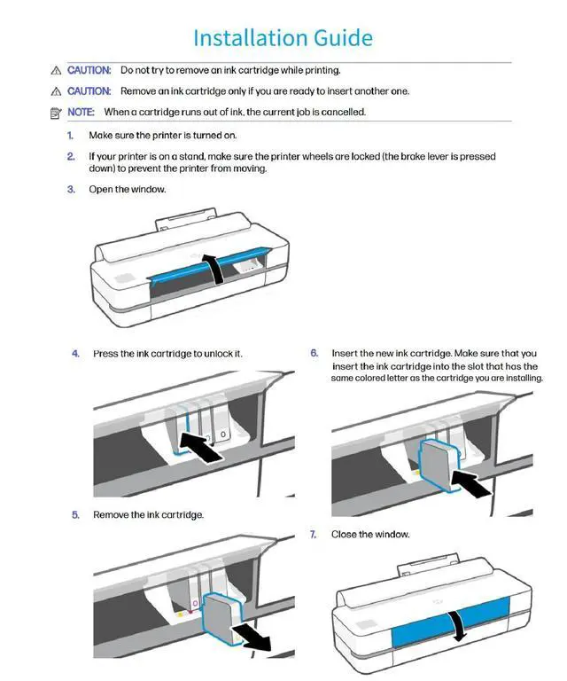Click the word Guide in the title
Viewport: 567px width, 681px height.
[343, 38]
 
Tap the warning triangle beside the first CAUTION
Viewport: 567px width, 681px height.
[56, 70]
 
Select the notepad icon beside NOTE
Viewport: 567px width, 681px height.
[56, 113]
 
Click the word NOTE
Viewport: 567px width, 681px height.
[81, 112]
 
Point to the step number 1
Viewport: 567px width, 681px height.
[70, 136]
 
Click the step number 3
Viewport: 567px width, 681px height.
[71, 190]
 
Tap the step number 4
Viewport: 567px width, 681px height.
[75, 354]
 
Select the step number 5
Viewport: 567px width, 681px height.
[75, 514]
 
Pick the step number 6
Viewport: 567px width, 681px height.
[315, 353]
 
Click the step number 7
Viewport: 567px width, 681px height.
[314, 534]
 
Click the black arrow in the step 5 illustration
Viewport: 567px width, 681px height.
[252, 638]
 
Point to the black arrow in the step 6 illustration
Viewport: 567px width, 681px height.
[471, 483]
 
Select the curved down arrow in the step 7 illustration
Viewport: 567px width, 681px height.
[457, 626]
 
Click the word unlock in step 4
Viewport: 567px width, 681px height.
[216, 354]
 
